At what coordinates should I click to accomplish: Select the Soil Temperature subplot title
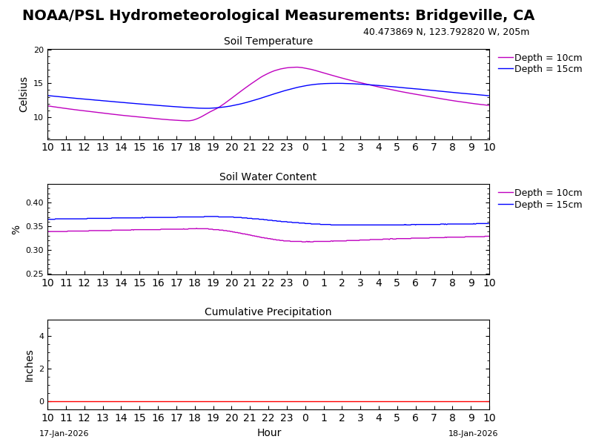(268, 42)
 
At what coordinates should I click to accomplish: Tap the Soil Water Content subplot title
(268, 177)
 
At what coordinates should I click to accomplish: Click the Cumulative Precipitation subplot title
(268, 312)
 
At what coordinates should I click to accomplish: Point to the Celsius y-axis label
(24, 94)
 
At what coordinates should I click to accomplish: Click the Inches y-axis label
(30, 366)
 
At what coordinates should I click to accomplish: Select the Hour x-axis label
(269, 433)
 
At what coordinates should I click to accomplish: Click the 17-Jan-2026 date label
(64, 434)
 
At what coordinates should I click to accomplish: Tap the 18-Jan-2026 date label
(473, 434)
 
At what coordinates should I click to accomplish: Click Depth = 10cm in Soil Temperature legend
(548, 58)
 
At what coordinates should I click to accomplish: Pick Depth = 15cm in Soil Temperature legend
(548, 69)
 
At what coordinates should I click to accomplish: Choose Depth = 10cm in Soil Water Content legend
(548, 193)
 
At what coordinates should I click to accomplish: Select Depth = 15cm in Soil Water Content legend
(548, 205)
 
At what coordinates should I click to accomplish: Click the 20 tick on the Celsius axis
(39, 50)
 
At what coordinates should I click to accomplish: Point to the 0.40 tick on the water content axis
(35, 202)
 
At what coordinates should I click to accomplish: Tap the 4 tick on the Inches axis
(42, 337)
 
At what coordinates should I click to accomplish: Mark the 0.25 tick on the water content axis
(35, 274)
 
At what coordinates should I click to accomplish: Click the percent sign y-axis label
(16, 230)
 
